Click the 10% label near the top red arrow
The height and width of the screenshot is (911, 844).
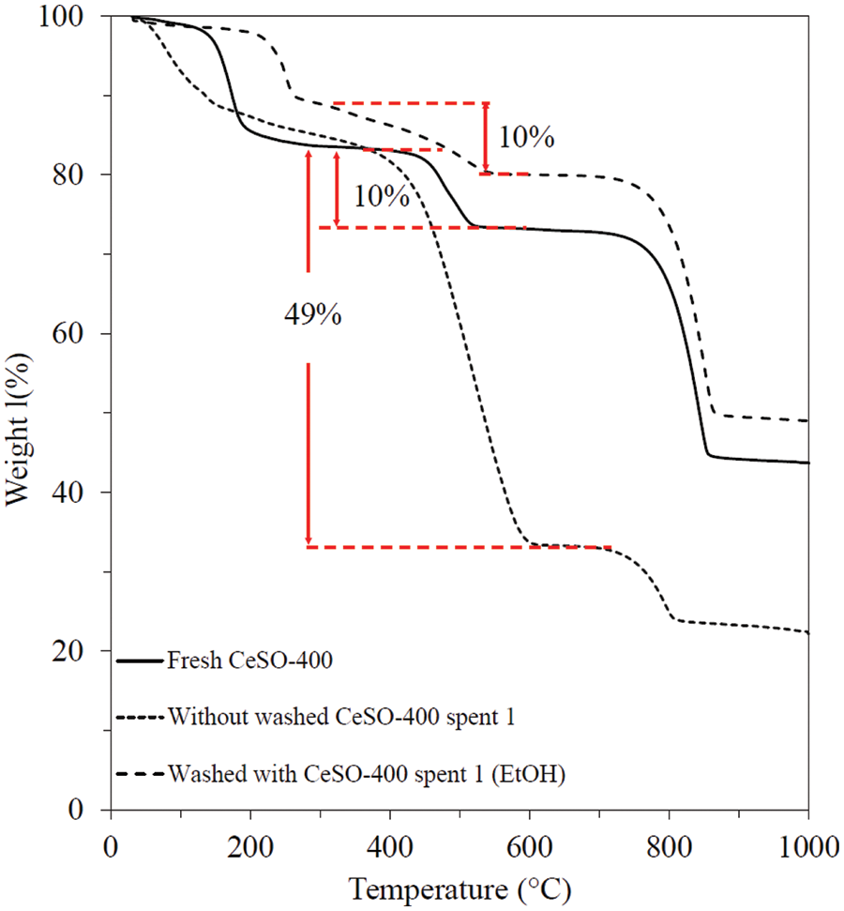(x=525, y=138)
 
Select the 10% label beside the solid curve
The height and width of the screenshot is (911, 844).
(x=381, y=196)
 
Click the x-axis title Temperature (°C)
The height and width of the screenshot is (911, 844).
(x=460, y=886)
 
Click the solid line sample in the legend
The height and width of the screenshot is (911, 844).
(x=140, y=660)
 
